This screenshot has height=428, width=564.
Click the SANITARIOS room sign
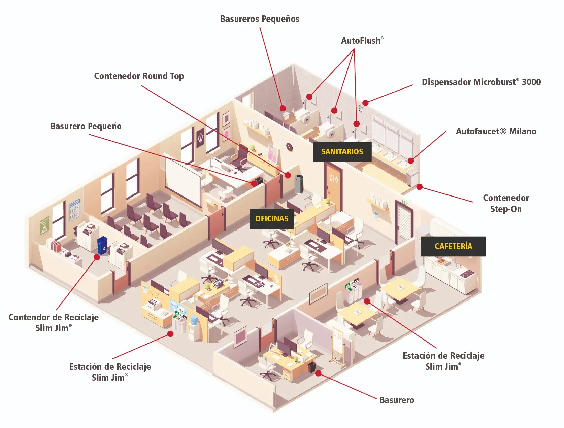pyautogui.click(x=342, y=152)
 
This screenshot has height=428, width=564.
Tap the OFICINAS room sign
pyautogui.click(x=271, y=219)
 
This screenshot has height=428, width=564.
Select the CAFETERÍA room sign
pyautogui.click(x=453, y=246)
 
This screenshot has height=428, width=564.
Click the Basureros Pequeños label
pyautogui.click(x=260, y=19)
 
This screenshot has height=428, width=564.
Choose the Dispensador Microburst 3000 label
pyautogui.click(x=481, y=82)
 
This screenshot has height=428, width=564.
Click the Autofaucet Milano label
pyautogui.click(x=496, y=131)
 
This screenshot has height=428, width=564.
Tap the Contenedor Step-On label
pyautogui.click(x=506, y=203)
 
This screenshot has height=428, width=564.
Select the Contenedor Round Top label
pyautogui.click(x=139, y=76)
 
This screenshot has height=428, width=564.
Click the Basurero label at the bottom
pyautogui.click(x=397, y=400)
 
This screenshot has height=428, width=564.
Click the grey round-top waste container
pyautogui.click(x=299, y=184)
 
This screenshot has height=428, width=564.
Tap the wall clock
pyautogui.click(x=289, y=146)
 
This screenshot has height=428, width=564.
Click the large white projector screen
pyautogui.click(x=183, y=182)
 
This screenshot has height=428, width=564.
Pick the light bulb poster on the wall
pyautogui.click(x=200, y=138)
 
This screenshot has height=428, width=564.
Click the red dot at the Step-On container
pyautogui.click(x=419, y=187)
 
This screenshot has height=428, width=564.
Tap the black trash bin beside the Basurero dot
pyautogui.click(x=312, y=367)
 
